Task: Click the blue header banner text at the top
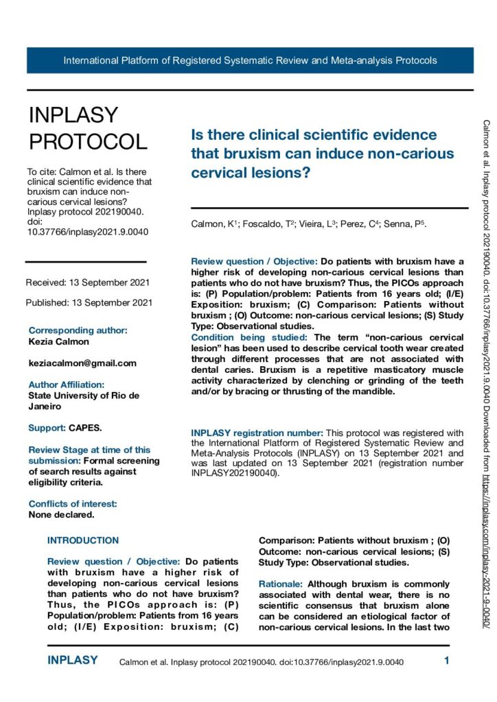(x=250, y=60)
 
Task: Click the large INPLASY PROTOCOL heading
(x=87, y=128)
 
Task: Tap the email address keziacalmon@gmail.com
(x=82, y=363)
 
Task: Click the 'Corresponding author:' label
(x=78, y=330)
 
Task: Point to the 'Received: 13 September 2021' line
(x=87, y=282)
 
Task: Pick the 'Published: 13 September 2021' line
(x=89, y=302)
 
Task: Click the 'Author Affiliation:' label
(x=66, y=385)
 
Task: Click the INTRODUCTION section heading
(x=83, y=540)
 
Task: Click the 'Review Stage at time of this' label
(x=89, y=450)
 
